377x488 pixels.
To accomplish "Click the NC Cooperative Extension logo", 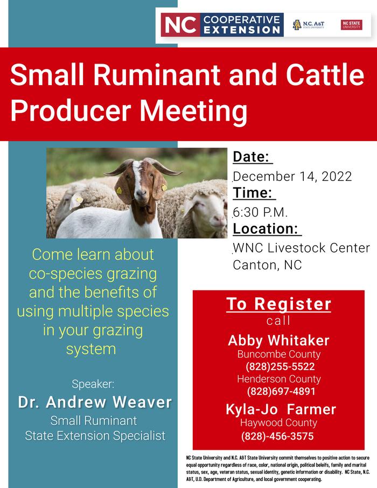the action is pyautogui.click(x=222, y=25).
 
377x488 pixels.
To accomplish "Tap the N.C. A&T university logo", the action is pyautogui.click(x=308, y=25).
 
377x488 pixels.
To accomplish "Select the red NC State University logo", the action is pyautogui.click(x=352, y=25).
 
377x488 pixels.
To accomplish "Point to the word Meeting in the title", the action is pyautogui.click(x=193, y=111).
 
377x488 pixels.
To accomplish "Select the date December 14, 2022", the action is pyautogui.click(x=292, y=177).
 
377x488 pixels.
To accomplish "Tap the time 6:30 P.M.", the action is pyautogui.click(x=260, y=212).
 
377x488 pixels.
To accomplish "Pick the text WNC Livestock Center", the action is pyautogui.click(x=302, y=248).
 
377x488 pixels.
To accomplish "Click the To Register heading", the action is pyautogui.click(x=278, y=304).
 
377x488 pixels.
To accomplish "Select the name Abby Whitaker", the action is pyautogui.click(x=278, y=340).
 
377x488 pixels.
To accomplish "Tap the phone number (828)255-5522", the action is pyautogui.click(x=280, y=366).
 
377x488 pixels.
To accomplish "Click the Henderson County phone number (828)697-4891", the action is pyautogui.click(x=281, y=391).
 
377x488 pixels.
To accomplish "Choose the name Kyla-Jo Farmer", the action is pyautogui.click(x=281, y=409).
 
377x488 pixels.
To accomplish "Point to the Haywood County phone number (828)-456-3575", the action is pyautogui.click(x=277, y=436).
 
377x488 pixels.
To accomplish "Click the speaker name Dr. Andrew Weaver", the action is pyautogui.click(x=95, y=402).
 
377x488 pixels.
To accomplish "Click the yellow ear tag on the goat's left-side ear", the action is pyautogui.click(x=119, y=191).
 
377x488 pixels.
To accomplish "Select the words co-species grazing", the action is pyautogui.click(x=93, y=274).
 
